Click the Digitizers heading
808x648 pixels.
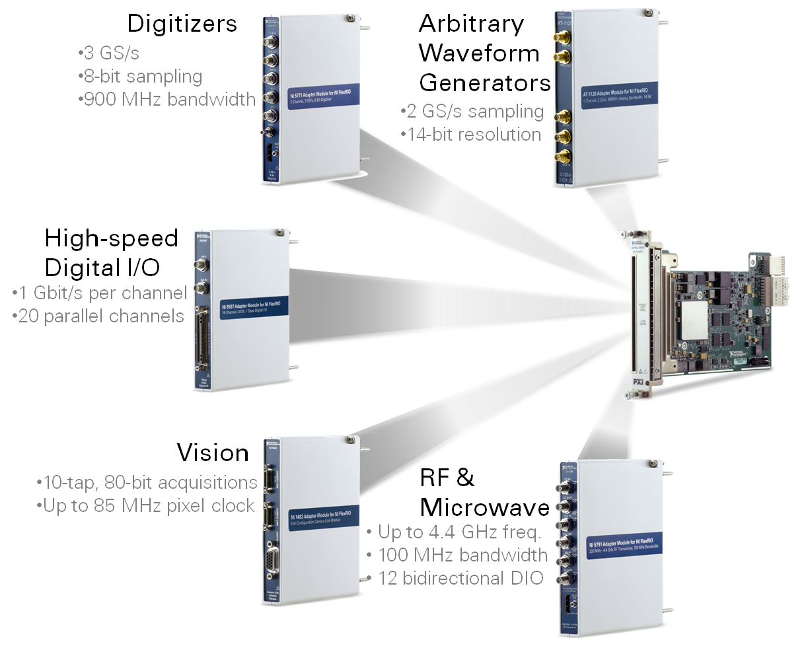182,24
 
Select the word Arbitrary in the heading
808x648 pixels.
471,24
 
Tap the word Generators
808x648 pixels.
485,83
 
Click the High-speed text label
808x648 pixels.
112,238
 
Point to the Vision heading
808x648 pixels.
212,453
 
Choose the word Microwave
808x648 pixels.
485,507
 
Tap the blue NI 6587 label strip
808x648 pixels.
256,308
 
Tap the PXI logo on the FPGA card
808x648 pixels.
638,382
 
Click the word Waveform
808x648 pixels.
479,54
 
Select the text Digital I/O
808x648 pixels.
102,268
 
